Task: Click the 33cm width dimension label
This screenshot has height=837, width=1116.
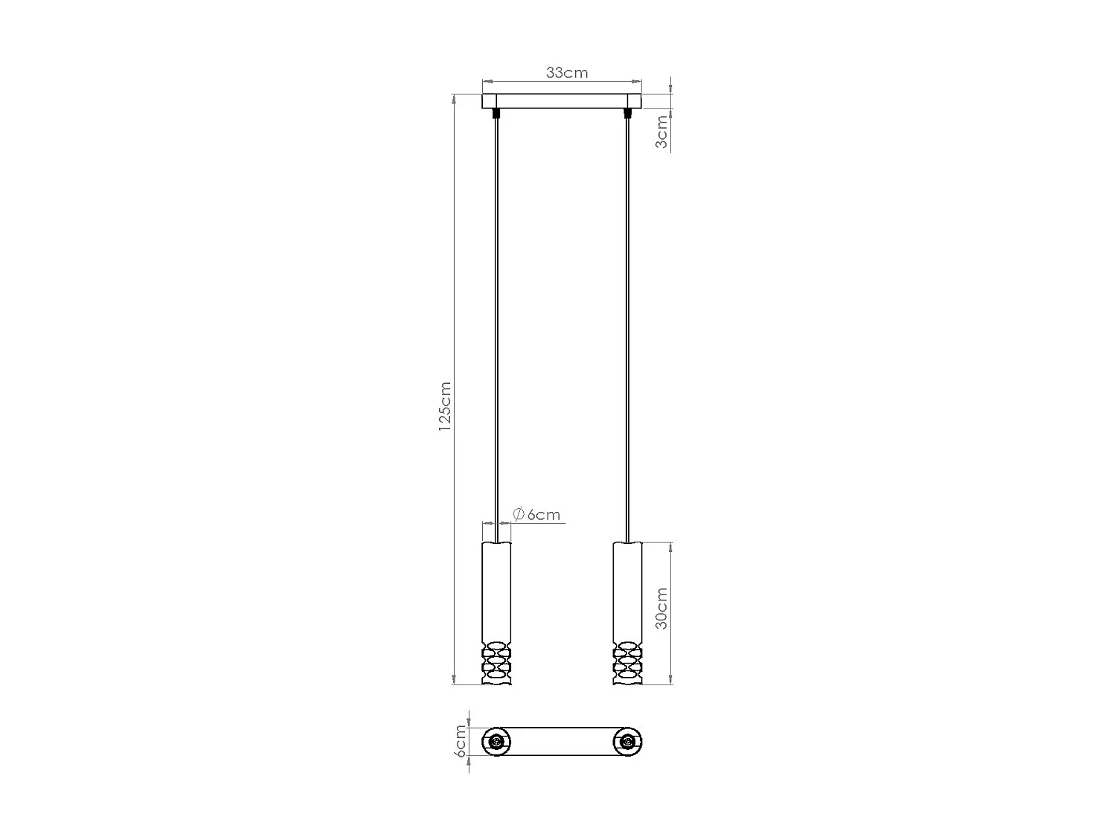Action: (566, 73)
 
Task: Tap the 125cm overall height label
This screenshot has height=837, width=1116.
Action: (445, 407)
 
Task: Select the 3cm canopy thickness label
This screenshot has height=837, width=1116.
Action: (661, 132)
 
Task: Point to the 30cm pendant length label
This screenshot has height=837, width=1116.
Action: (661, 608)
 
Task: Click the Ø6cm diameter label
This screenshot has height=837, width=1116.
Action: (536, 514)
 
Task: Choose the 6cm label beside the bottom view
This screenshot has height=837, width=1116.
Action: (461, 742)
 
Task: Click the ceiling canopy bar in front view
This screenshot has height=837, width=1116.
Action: (562, 101)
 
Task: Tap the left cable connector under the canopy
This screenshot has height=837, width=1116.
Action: (496, 114)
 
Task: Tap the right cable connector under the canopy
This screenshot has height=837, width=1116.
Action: (628, 114)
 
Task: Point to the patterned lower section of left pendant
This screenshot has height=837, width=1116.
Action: (496, 662)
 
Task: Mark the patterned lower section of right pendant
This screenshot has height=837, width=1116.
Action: (628, 662)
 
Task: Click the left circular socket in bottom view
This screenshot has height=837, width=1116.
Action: (496, 742)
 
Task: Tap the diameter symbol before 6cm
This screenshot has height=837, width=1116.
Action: (519, 514)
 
